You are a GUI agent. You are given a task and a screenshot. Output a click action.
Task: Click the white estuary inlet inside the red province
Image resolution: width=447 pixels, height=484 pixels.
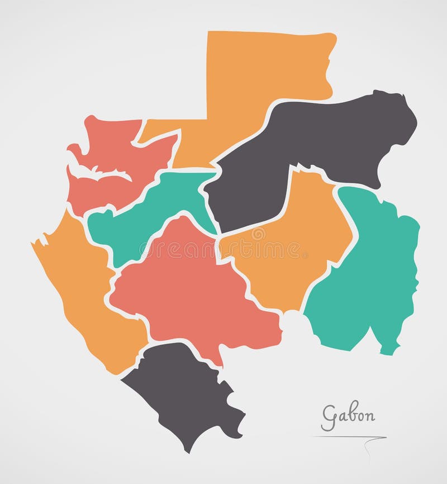click(101, 173)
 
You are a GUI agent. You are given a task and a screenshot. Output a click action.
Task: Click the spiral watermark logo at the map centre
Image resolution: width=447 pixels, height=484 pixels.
click(258, 234)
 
